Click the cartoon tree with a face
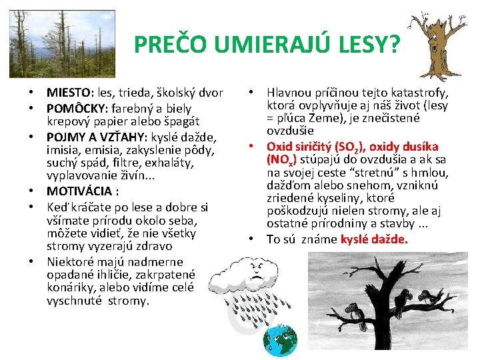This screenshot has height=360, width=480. click(437, 44)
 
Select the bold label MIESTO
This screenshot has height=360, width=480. click(71, 93)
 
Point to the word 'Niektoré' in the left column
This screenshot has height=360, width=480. click(71, 261)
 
